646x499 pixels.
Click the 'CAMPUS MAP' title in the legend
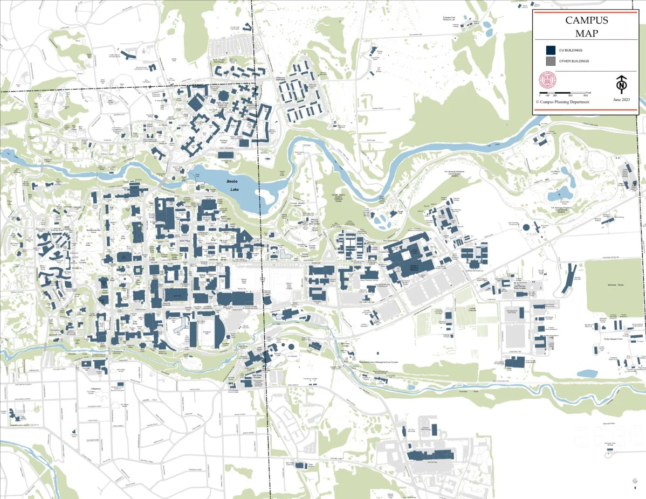(x=586, y=26)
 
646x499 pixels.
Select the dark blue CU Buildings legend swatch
(x=551, y=50)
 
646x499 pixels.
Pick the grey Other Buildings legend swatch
(x=551, y=61)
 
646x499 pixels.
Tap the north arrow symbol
(x=622, y=84)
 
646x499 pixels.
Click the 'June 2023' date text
(x=621, y=100)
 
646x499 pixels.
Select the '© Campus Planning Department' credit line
(x=562, y=102)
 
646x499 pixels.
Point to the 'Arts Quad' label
(x=123, y=237)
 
